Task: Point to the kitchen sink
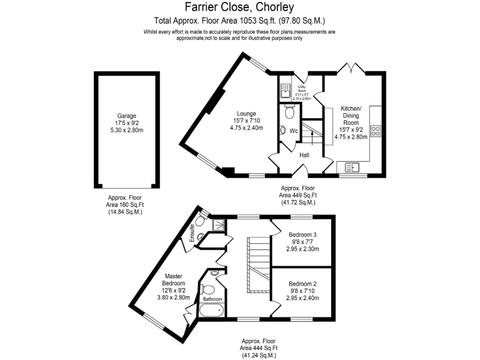(351, 166)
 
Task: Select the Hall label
(304, 154)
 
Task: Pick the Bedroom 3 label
(302, 234)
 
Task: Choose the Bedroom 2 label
(302, 283)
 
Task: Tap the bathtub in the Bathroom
(212, 309)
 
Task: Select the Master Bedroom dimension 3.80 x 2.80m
(174, 297)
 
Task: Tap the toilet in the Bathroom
(209, 289)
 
